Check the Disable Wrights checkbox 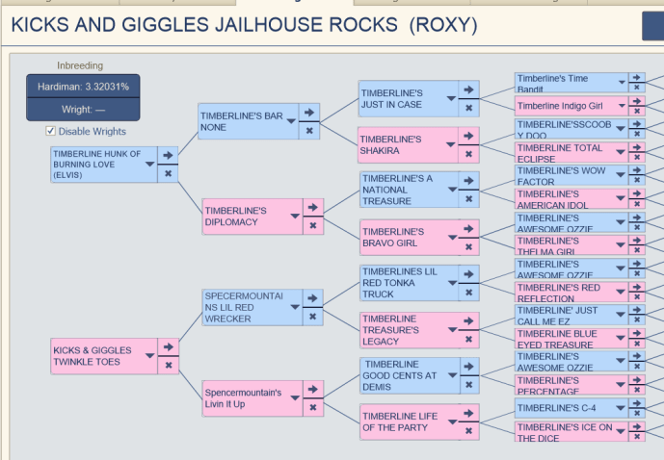(x=51, y=132)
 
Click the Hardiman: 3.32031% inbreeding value (x=83, y=87)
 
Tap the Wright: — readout (x=83, y=110)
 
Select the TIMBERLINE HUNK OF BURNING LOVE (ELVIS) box (x=96, y=165)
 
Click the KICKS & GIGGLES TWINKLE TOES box (x=96, y=357)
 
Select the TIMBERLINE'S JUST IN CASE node (x=398, y=99)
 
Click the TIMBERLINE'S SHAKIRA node (x=398, y=145)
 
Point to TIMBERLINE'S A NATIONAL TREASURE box (x=398, y=190)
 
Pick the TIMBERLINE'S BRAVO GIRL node (x=398, y=238)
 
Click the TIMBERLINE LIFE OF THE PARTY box (x=398, y=422)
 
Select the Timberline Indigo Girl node (x=562, y=106)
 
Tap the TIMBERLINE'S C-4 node (x=562, y=407)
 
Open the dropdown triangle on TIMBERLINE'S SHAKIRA (x=450, y=145)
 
